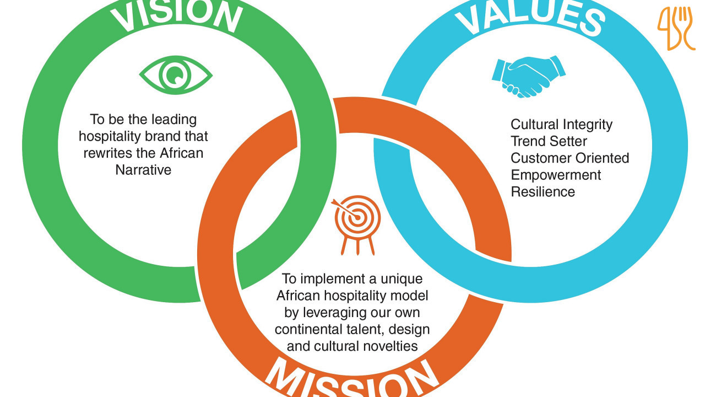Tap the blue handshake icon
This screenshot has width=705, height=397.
coord(528,76)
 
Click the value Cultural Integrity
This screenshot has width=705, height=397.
coord(561,125)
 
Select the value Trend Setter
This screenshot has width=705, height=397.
coord(549,142)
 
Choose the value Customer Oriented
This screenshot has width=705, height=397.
coord(570,158)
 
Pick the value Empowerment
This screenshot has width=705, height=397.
coord(556,175)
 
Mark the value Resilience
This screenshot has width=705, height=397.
coord(543,192)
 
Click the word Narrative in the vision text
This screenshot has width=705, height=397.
coord(143,170)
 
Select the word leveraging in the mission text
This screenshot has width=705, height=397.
coord(335,313)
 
